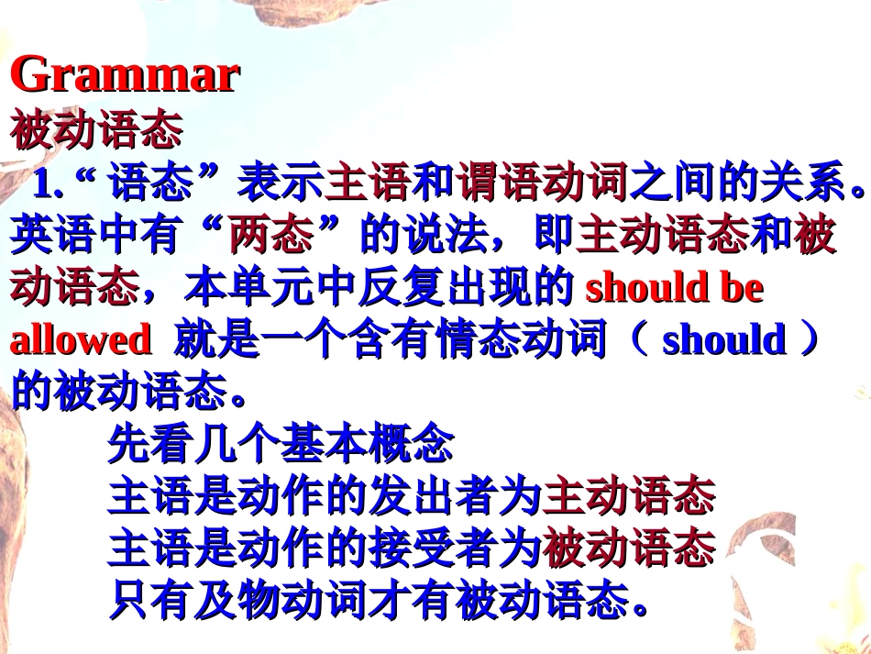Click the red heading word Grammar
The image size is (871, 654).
(x=125, y=74)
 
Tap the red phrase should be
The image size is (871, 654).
(x=674, y=288)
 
